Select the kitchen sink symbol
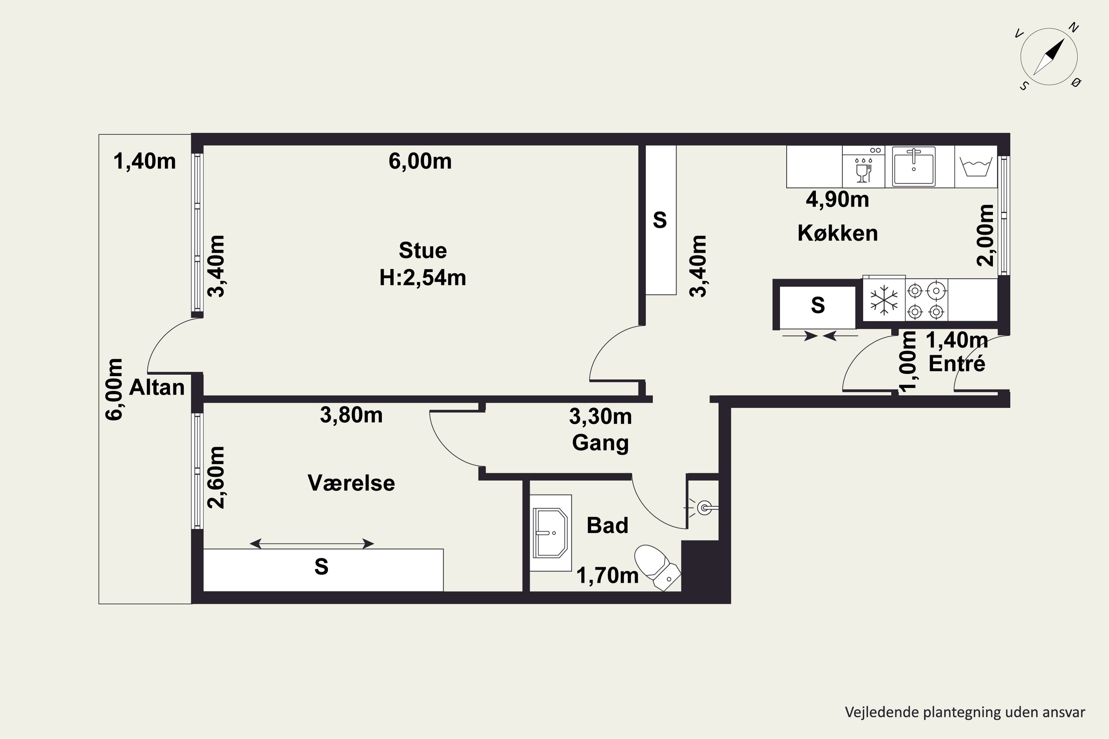[913, 166]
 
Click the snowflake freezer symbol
[884, 300]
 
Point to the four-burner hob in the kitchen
[926, 300]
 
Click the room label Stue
[423, 250]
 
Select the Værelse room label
[351, 483]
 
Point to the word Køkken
[837, 233]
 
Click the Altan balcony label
[156, 387]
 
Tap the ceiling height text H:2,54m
[423, 277]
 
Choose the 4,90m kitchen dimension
[837, 200]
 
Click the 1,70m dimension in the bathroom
[608, 575]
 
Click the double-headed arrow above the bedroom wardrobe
[312, 544]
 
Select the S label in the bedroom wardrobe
[321, 566]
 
